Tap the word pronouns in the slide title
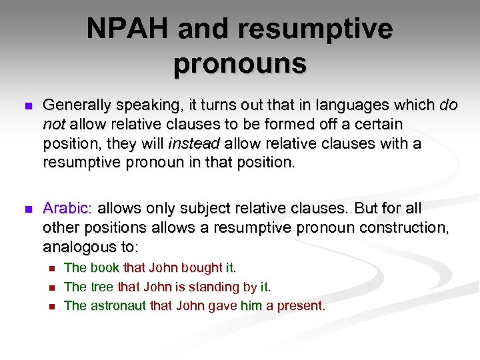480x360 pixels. click(240, 64)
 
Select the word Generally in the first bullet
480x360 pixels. click(77, 106)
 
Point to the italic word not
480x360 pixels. click(53, 125)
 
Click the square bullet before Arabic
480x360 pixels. click(27, 209)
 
